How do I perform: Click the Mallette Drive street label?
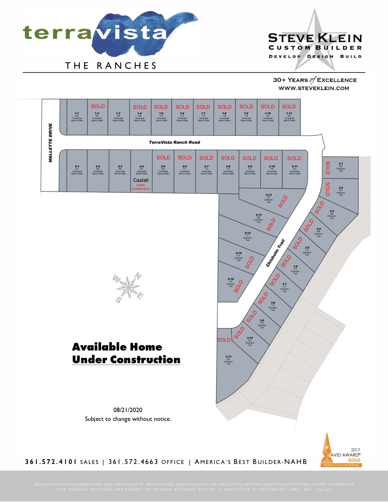pos(50,143)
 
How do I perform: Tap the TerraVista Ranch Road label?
pos(174,142)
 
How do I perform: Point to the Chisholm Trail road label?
pos(275,253)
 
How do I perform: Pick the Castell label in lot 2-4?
pos(141,180)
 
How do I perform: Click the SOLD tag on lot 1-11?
pos(289,107)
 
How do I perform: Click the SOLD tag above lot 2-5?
pos(163,158)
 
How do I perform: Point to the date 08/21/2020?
pos(128,410)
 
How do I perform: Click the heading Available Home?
pos(117,347)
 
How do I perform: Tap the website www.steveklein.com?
pos(314,88)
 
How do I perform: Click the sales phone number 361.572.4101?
pos(51,461)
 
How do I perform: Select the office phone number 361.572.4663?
pos(133,461)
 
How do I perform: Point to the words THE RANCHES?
pos(111,66)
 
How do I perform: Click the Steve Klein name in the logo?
pos(315,38)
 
